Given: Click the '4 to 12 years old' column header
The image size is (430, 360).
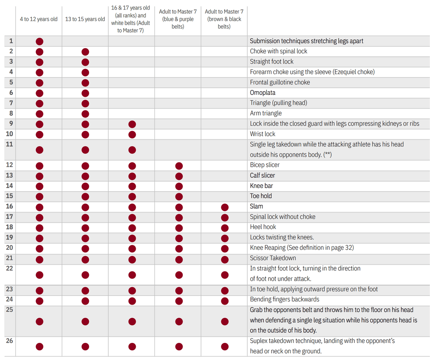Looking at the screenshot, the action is click(39, 19).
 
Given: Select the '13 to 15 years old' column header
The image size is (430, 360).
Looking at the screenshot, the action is click(85, 19).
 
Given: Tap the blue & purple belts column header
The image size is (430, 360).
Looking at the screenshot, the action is click(178, 19).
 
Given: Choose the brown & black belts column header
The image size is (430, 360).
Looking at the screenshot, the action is click(224, 19).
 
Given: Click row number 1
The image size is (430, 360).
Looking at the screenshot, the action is click(11, 41).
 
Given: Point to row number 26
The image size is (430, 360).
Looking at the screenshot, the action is click(10, 341).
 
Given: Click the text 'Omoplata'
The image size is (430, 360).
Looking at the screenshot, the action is click(262, 93).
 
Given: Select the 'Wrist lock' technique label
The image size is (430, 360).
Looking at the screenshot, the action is click(262, 134).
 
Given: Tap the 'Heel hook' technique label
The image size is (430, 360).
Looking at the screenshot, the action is click(263, 227).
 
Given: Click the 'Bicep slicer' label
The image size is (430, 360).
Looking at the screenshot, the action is click(265, 165).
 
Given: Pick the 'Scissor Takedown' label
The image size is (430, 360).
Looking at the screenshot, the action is click(273, 258).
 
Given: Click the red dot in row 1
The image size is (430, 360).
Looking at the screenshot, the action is click(39, 41).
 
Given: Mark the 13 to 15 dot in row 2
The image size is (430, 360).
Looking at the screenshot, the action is click(85, 52).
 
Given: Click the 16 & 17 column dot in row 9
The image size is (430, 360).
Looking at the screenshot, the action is click(132, 124).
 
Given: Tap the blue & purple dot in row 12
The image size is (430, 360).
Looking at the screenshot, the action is click(179, 166).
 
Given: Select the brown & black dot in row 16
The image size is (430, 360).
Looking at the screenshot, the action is click(225, 207).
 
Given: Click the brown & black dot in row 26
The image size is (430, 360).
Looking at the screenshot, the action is click(225, 346).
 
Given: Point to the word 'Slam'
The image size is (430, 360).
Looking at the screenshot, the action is click(256, 206).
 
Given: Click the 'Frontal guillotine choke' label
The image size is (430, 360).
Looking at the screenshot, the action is click(280, 82).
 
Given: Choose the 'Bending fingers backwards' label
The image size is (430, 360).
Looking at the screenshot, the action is click(285, 299).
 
